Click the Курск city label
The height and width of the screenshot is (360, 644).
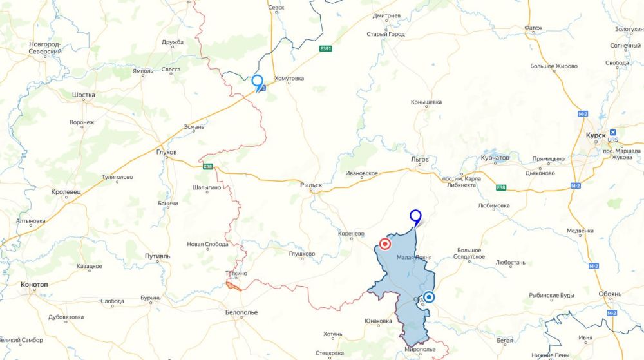pos(596,136)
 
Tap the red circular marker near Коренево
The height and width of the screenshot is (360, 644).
pos(385,244)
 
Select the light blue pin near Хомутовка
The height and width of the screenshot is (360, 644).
pos(258,82)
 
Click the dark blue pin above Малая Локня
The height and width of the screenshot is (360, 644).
pos(416,217)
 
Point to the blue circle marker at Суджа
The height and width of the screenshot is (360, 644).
pos(429,297)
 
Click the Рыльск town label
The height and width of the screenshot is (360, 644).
pos(311,185)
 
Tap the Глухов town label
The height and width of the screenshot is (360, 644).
pos(166,153)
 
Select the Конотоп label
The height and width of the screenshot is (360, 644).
pos(34,285)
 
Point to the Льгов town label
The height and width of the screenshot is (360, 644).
pos(419,159)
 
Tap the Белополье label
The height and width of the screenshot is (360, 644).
pos(241,312)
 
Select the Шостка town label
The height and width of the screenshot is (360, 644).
pos(84,95)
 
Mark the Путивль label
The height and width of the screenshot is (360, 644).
pos(158,256)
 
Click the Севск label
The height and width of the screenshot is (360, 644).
pos(276,8)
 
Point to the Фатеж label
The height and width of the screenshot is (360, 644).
pos(533,28)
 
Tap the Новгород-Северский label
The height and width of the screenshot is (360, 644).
pos(45,48)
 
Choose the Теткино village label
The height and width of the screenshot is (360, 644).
pos(236,273)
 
